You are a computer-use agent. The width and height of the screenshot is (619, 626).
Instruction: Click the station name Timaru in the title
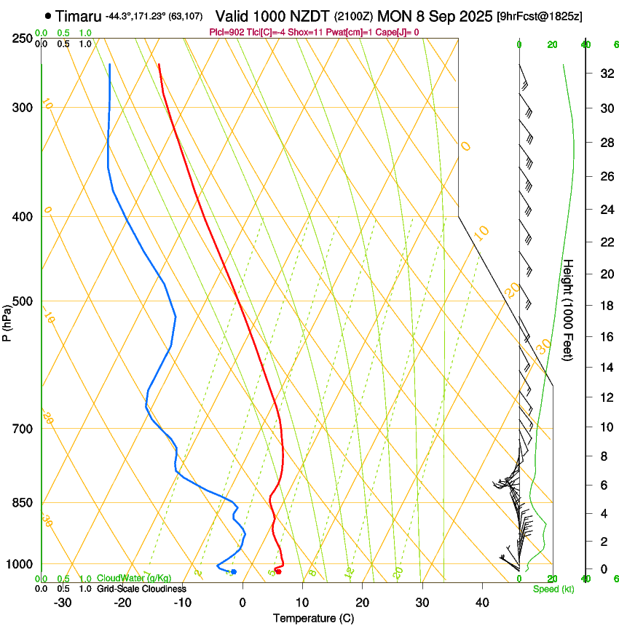(78, 15)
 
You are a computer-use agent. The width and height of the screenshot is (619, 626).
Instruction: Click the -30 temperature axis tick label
(63, 603)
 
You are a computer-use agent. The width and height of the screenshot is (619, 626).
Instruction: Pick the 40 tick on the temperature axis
(482, 603)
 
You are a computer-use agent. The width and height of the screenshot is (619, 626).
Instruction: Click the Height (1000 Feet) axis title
(569, 309)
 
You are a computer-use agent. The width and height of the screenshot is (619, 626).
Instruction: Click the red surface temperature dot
(278, 571)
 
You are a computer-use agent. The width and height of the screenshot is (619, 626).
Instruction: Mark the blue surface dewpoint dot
(234, 571)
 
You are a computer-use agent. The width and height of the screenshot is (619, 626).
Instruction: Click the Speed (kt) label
(553, 588)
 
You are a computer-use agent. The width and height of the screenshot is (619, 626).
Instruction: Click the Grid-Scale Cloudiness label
(141, 588)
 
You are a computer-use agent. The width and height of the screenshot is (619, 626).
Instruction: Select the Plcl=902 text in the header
(226, 32)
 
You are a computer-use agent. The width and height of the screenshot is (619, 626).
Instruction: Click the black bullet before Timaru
(47, 15)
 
